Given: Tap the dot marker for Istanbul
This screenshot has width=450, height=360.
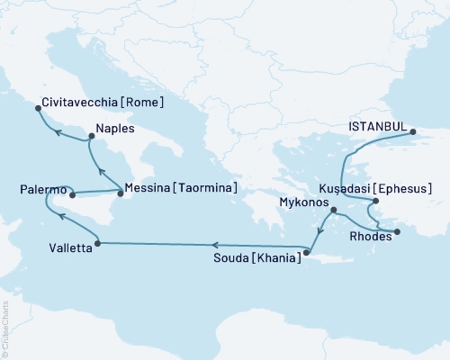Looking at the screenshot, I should point(414,132).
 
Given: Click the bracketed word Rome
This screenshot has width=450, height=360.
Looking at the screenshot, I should point(143,103).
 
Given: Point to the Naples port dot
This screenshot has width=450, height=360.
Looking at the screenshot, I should point(90,138).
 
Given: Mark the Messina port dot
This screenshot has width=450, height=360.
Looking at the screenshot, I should point(121,192).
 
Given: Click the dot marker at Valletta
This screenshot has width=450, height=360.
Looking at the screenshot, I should point(96,243).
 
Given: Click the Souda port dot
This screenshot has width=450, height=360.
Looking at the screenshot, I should point(305,253).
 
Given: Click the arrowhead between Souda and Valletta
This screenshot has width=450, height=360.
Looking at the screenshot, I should point(216,244).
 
